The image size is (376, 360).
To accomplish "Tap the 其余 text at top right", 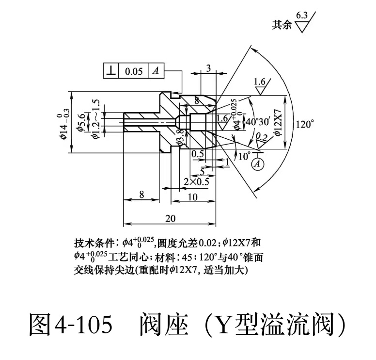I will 282,25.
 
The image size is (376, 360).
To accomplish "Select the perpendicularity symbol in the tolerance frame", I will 111,71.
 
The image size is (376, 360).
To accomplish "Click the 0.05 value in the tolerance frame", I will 134,71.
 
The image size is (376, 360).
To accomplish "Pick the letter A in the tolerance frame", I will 156,71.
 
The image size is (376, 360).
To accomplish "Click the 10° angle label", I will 244,156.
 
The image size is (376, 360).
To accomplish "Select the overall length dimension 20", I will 170,218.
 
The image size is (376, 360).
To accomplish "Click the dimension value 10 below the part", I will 192,197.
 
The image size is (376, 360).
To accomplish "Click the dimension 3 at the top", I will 208,68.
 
